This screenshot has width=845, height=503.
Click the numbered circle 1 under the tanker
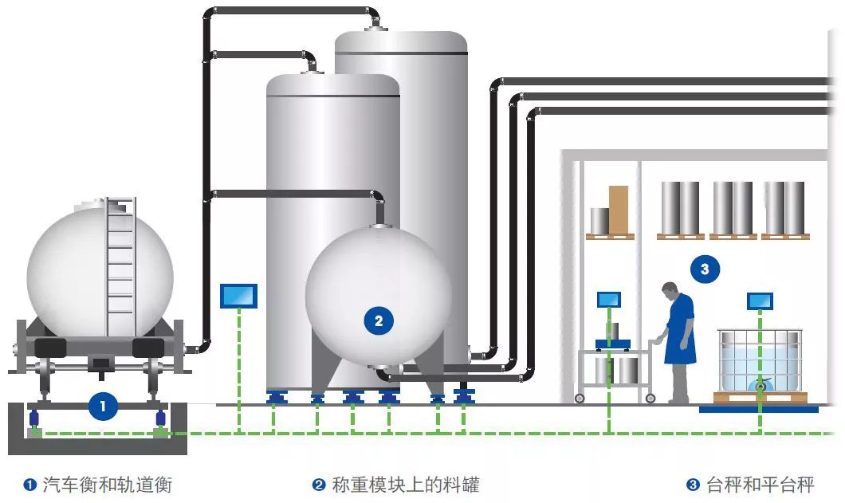pos(101,406)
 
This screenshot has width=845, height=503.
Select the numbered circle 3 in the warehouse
pos(705,269)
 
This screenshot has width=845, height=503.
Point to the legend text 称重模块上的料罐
pos(405,484)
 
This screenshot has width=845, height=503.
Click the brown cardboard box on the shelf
pos(619,208)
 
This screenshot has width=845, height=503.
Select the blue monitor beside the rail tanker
pos(238,296)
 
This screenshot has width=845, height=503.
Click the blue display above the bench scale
pos(608,300)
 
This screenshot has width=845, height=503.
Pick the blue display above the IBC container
pos(760,301)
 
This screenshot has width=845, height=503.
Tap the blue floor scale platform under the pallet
pos(758,409)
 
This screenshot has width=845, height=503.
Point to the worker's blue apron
pos(681,335)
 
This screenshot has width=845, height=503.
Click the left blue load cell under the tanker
pos(34,418)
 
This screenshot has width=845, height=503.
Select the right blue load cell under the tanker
pos(160,418)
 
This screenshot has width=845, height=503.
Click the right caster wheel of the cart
pos(650,398)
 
